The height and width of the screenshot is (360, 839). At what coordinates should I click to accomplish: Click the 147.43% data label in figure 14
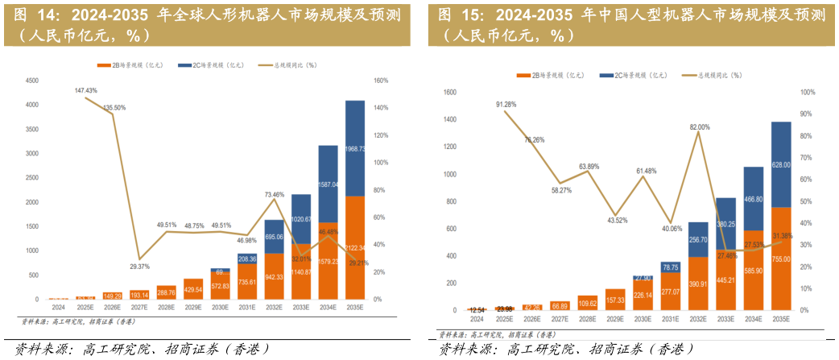click(x=85, y=91)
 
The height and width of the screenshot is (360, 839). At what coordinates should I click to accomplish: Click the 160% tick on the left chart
click(x=381, y=81)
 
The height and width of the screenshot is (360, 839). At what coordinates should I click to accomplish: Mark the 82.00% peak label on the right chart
click(x=700, y=127)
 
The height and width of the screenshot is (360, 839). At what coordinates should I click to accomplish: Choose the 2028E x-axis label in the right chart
click(x=587, y=319)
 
